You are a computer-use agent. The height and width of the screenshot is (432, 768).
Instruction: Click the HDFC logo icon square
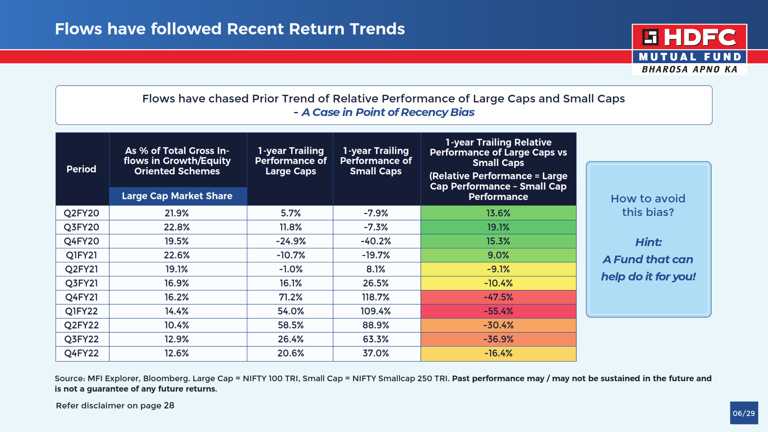coord(650,37)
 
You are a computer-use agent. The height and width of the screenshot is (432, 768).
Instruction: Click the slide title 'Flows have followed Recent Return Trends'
coord(230,29)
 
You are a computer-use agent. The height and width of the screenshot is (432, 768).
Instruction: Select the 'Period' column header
coord(82,169)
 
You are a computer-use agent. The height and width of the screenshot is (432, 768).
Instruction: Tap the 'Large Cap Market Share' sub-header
coord(177,196)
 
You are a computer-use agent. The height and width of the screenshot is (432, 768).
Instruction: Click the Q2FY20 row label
coord(82,213)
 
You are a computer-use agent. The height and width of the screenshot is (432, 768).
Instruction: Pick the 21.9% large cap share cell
coord(177,213)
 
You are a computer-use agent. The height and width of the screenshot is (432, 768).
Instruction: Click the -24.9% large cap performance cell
coord(291,241)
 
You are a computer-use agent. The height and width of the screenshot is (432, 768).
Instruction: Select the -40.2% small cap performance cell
coord(376,241)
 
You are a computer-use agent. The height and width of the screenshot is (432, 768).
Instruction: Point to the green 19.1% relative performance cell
coord(498,227)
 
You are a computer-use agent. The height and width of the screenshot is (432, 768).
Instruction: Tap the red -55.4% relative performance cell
coord(498,311)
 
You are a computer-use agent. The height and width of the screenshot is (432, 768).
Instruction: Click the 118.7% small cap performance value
coord(376,297)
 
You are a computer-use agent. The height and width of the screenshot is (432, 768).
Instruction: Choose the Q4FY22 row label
coord(82,353)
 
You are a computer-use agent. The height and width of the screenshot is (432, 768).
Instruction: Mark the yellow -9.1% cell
coord(498,269)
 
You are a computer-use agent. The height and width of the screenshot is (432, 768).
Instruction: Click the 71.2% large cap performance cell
coord(291,297)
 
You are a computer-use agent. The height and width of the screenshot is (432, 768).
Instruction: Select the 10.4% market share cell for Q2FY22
coord(177,325)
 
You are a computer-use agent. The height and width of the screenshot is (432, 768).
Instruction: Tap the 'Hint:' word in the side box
coord(648,242)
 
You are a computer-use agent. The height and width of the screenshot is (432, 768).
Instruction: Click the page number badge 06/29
coord(744,413)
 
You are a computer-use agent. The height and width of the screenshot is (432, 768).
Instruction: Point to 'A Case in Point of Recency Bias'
coord(388,112)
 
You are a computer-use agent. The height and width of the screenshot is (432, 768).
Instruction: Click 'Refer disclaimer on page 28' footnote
coord(115,406)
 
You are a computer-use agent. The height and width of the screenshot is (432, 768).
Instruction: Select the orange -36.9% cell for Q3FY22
coord(498,339)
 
